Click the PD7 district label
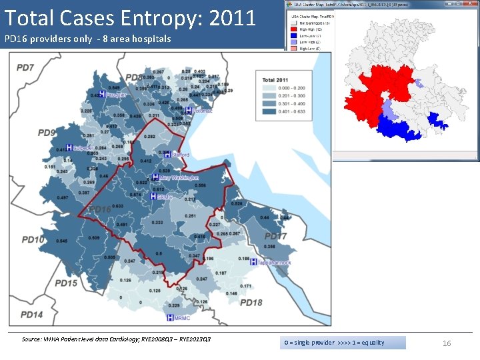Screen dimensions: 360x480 (x=25, y=67)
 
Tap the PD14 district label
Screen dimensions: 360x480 (x=31, y=314)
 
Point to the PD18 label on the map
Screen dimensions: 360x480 (x=251, y=303)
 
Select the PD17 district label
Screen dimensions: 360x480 (x=275, y=237)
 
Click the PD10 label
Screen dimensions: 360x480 (x=33, y=239)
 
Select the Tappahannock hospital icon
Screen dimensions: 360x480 (x=253, y=263)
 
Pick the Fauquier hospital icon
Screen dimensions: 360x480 (x=101, y=94)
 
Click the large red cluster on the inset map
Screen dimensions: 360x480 (x=377, y=93)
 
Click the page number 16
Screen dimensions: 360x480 (x=447, y=343)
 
